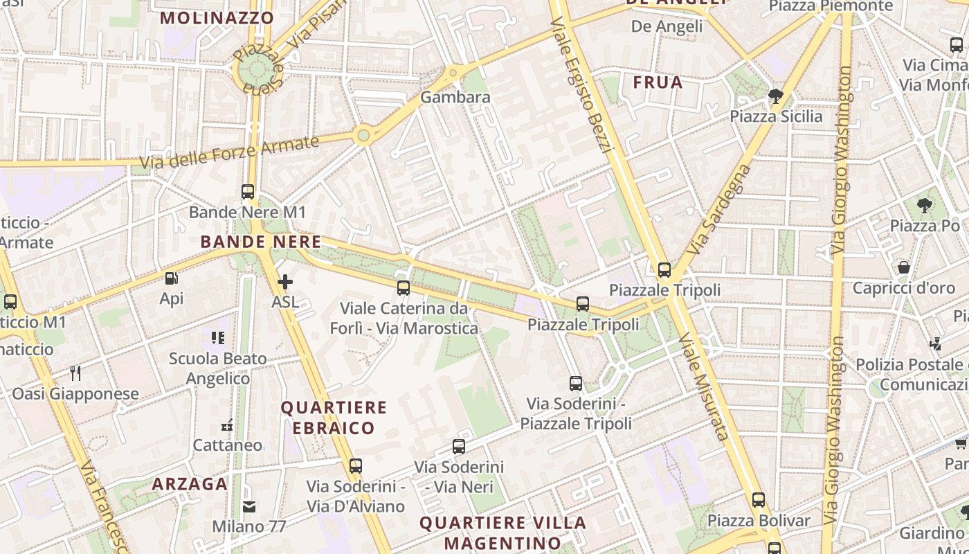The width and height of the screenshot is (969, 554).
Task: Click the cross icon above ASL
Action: click(284, 282)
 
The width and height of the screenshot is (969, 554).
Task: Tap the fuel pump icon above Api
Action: click(171, 278)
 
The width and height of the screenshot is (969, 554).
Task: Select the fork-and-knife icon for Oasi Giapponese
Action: click(75, 373)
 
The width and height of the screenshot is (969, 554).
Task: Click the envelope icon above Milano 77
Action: click(249, 507)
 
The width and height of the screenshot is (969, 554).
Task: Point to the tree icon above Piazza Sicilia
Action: click(776, 96)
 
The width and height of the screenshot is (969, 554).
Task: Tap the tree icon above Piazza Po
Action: click(924, 206)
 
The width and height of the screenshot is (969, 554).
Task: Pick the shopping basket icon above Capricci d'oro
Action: click(903, 267)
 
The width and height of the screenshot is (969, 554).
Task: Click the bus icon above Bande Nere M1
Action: click(248, 192)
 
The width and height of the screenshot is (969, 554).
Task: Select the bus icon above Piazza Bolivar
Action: click(759, 500)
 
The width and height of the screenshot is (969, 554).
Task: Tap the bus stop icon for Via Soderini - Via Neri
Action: click(459, 447)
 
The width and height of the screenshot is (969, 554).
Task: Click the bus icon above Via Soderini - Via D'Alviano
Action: click(356, 466)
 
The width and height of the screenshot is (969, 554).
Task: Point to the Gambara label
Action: click(455, 98)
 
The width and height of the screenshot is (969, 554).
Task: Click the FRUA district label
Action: click(658, 83)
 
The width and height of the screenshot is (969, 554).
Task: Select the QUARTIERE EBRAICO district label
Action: click(333, 418)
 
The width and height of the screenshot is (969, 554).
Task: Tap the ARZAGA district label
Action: click(190, 484)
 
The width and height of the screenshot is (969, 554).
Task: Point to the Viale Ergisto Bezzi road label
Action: click(582, 84)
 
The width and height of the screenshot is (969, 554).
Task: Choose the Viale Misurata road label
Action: click(703, 386)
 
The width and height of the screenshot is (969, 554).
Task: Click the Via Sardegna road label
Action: click(721, 208)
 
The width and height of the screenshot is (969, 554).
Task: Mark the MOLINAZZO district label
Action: click(217, 18)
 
